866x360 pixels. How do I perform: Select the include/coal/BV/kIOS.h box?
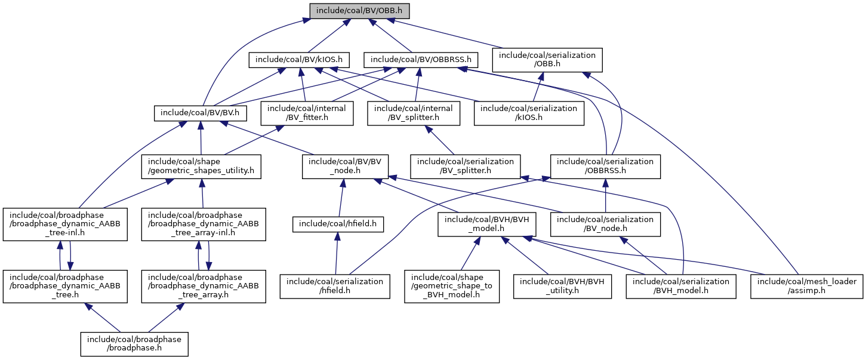click(x=299, y=59)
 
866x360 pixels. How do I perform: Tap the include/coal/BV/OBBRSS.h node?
click(x=421, y=59)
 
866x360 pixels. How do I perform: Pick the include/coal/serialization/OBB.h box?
click(x=547, y=59)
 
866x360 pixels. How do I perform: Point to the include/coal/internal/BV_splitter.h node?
click(x=414, y=113)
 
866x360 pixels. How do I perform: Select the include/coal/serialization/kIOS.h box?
click(x=529, y=113)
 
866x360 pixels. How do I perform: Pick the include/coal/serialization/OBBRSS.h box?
click(x=606, y=166)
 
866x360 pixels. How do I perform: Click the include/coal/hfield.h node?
click(x=338, y=224)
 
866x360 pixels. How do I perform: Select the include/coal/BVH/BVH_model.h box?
click(x=487, y=224)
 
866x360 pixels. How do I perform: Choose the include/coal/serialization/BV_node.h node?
click(x=606, y=224)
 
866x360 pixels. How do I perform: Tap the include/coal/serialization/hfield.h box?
click(x=335, y=286)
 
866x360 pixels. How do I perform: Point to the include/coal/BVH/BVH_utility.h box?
click(x=562, y=286)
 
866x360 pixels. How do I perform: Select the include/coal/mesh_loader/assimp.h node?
click(x=807, y=286)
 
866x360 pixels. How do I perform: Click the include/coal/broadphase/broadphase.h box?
click(x=134, y=344)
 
